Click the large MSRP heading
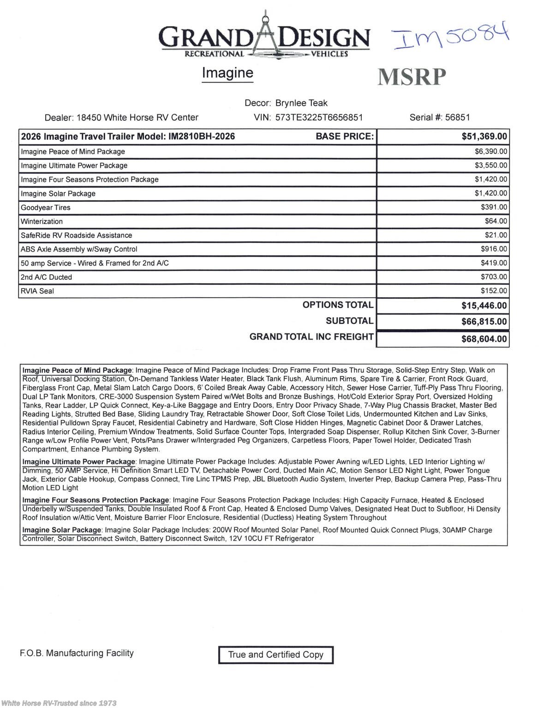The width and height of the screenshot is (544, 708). (412, 77)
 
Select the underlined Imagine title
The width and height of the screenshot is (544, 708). (227, 73)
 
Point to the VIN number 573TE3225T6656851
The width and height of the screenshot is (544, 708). (319, 118)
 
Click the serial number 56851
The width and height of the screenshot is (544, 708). (457, 118)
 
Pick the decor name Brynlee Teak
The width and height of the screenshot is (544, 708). (301, 103)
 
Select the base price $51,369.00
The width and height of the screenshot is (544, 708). (484, 136)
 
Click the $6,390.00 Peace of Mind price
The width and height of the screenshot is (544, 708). (491, 152)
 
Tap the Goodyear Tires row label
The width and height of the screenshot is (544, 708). (46, 207)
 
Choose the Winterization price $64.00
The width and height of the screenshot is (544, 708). (496, 221)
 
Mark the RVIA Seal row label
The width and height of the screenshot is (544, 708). (37, 291)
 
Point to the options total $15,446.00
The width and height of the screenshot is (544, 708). (484, 306)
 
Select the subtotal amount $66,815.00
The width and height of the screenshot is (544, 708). (484, 322)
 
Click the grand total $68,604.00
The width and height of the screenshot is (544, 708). (484, 339)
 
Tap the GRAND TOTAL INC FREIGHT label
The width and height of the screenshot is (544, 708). (311, 337)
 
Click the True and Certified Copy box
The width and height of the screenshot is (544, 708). (275, 655)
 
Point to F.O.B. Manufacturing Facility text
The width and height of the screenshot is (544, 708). (77, 653)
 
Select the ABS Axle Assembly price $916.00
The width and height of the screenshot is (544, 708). (494, 249)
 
